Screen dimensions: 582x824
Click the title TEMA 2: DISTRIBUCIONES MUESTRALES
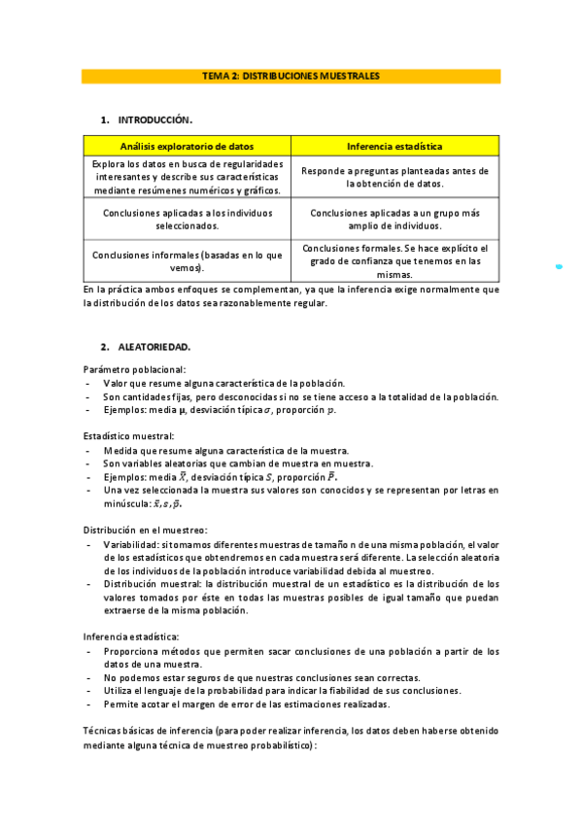pyautogui.click(x=291, y=75)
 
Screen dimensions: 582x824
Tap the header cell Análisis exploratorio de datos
pyautogui.click(x=187, y=146)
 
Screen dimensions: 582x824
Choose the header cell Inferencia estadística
pyautogui.click(x=394, y=146)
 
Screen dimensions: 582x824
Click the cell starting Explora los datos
pyautogui.click(x=187, y=177)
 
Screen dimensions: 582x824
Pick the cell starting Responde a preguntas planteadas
pyautogui.click(x=394, y=177)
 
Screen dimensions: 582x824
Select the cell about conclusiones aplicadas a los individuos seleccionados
pyautogui.click(x=187, y=219)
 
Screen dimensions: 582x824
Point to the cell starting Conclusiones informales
pyautogui.click(x=187, y=260)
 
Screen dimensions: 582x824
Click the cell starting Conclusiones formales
pyautogui.click(x=394, y=261)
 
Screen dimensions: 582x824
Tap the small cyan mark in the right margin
pyautogui.click(x=559, y=265)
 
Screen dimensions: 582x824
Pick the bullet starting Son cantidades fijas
pyautogui.click(x=301, y=396)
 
